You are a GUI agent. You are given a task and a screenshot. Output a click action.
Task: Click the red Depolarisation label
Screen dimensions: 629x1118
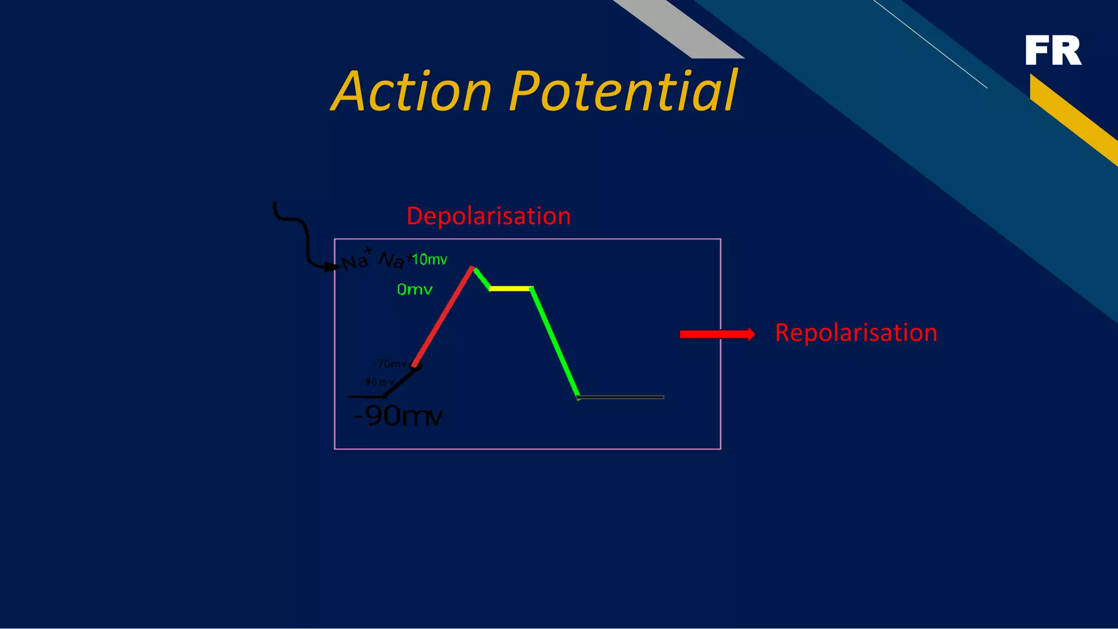pyautogui.click(x=489, y=216)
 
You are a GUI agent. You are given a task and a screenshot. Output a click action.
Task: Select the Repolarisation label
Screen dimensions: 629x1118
pyautogui.click(x=855, y=333)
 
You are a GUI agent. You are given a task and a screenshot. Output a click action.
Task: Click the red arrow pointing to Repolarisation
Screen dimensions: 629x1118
pyautogui.click(x=717, y=334)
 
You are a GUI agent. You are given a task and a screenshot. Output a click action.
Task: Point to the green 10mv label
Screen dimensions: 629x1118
pyautogui.click(x=430, y=260)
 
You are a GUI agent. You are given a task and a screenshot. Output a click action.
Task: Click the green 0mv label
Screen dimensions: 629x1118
pyautogui.click(x=414, y=290)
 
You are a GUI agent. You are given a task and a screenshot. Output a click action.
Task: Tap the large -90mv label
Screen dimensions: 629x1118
pyautogui.click(x=397, y=416)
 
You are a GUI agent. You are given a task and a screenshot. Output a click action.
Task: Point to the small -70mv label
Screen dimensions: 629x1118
pyautogui.click(x=390, y=364)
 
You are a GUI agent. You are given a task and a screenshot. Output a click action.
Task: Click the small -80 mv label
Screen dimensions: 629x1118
pyautogui.click(x=377, y=382)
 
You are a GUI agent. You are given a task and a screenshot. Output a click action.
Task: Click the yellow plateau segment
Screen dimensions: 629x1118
pyautogui.click(x=510, y=288)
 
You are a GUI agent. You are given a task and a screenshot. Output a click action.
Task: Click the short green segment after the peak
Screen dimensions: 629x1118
pyautogui.click(x=481, y=278)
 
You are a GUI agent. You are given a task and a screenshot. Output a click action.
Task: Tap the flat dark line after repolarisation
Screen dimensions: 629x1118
pyautogui.click(x=621, y=397)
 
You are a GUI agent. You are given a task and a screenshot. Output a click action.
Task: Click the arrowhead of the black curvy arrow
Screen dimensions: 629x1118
pyautogui.click(x=331, y=267)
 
